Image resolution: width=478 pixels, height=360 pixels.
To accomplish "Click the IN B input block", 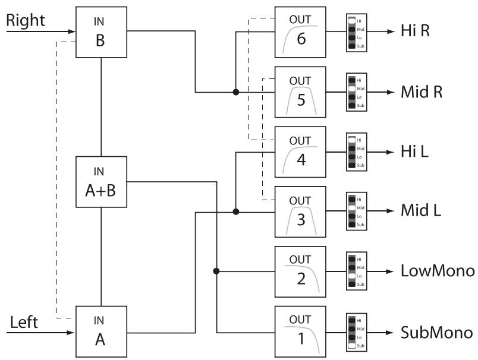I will point(102,32).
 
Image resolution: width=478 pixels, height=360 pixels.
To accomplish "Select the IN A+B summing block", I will point(102,182).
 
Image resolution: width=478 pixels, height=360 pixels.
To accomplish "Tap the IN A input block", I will point(102,331).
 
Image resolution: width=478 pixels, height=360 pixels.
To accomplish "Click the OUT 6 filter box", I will point(300,33).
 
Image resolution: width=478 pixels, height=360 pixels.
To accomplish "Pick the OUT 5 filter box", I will point(300,92).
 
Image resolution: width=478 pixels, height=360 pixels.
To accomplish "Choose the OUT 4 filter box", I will point(300,151).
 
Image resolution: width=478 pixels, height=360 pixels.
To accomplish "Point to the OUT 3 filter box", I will point(300,211).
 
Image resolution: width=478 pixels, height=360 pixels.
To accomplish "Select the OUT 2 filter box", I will point(300,271).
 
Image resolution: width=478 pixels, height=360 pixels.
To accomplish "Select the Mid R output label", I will point(422,92).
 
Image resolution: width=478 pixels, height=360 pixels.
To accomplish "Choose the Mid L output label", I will point(421,211).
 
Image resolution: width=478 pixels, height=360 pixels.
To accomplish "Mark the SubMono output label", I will point(437,331).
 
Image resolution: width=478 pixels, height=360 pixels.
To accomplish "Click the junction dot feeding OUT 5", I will point(236,92).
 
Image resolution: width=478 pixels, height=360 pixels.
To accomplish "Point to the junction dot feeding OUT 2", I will point(216,271).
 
